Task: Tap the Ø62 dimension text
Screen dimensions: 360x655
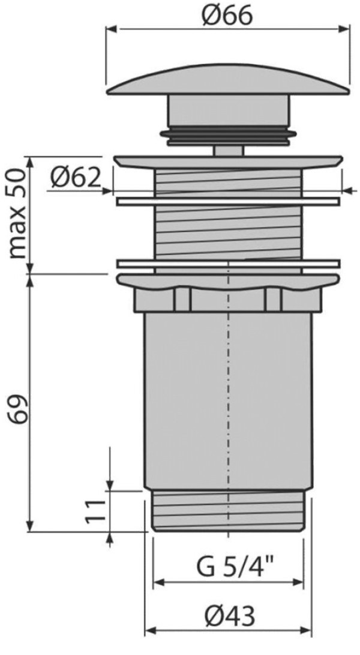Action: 76,178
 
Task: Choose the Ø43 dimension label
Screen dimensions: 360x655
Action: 229,616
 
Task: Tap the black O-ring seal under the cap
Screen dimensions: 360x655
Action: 228,134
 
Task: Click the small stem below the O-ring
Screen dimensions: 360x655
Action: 228,150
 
